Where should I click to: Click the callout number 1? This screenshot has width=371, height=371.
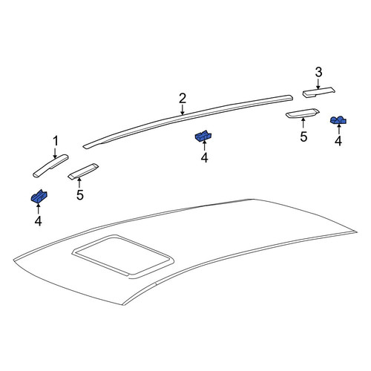point(56,141)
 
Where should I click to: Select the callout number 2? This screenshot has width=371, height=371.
point(183,99)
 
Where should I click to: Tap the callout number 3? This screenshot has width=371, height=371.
point(318,72)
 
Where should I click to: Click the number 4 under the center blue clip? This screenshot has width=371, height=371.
point(204,157)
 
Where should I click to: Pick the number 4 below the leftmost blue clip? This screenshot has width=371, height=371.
point(38,221)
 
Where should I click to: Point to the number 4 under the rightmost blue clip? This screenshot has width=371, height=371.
point(338,140)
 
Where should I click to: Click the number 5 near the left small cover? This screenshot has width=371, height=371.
point(80,195)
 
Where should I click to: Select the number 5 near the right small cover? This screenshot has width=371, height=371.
point(303,137)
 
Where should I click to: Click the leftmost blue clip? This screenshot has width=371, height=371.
point(39,196)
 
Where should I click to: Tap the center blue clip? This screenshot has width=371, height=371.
point(203,136)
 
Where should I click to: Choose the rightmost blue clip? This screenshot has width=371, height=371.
point(338,120)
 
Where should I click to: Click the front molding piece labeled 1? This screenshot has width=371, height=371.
point(50,165)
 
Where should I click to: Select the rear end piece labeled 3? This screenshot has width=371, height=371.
point(319,92)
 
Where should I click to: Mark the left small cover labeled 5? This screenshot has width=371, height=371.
point(83,171)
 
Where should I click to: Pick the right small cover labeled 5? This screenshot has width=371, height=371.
point(302,114)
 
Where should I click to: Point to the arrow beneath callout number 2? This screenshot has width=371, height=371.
point(183,110)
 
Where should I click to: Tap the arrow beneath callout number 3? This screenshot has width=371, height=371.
point(318,83)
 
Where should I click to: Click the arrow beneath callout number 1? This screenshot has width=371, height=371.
point(55,152)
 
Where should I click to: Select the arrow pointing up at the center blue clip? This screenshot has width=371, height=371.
point(204,145)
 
